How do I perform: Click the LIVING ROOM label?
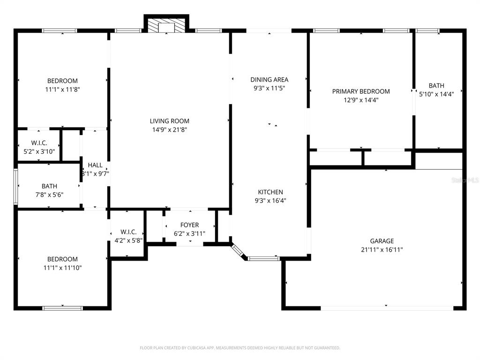coord(169,121)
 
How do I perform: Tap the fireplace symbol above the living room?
coord(166,26)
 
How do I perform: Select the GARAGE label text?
coord(382,241)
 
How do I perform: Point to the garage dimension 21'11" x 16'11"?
coord(382,249)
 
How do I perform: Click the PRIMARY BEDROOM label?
coord(361,91)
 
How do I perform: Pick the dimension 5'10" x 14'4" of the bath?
coord(436,94)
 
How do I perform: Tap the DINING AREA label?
coord(270,80)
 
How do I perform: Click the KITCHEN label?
coord(270,192)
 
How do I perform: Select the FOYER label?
coord(189,225)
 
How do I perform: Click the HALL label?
coord(95,165)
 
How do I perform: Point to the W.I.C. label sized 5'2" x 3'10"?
coord(39,143)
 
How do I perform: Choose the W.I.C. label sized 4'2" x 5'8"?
coord(128,232)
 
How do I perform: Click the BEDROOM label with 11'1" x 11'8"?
coord(62,81)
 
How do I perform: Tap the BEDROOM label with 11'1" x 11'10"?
coord(62,259)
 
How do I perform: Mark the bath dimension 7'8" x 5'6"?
coord(49,195)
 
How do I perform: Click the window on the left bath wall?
coord(15,187)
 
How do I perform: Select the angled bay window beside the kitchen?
coord(237,250)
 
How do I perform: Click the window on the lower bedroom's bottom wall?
coord(62,308)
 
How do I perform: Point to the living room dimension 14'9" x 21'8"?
coord(169,129)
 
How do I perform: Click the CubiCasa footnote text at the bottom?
coord(240,348)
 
